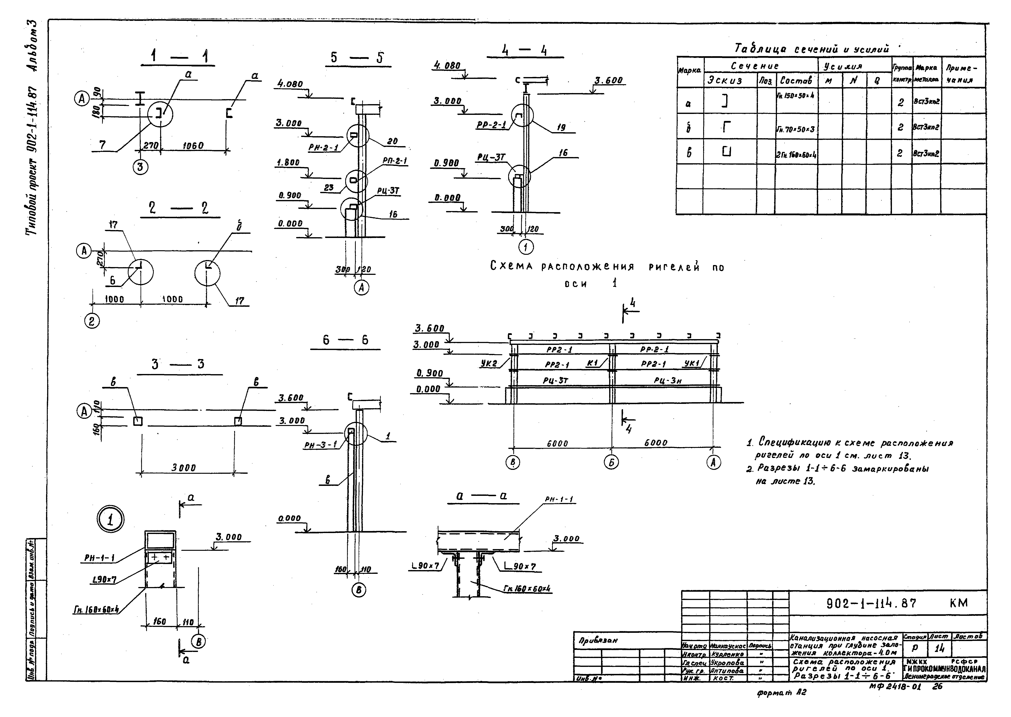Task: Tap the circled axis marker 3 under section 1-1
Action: point(140,167)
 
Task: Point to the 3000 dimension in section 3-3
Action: point(184,468)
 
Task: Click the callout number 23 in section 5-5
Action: point(329,188)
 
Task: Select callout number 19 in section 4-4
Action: point(561,128)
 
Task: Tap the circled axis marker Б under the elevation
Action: point(611,462)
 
